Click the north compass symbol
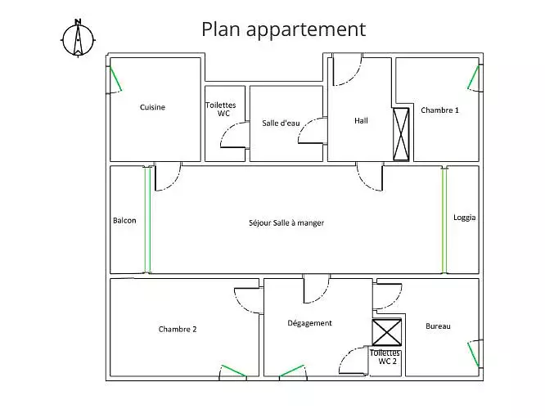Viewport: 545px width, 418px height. tap(78, 39)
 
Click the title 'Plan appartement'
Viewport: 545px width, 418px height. tap(284, 29)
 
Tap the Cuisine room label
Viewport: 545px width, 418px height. tap(152, 107)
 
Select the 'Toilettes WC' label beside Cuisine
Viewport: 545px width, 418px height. tap(221, 109)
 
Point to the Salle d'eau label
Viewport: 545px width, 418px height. tap(281, 123)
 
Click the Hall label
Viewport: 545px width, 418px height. tap(361, 120)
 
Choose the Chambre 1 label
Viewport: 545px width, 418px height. tap(439, 110)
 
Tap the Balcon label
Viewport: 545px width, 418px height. tap(124, 220)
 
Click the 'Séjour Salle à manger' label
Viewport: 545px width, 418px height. tap(286, 222)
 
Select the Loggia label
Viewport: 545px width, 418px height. tap(464, 218)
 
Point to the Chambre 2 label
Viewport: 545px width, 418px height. tap(178, 329)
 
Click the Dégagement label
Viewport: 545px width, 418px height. tap(309, 323)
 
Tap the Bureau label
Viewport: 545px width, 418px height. tap(438, 326)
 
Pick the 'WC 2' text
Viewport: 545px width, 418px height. tap(387, 362)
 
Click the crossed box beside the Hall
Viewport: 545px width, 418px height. tap(401, 134)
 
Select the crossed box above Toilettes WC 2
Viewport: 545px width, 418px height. tap(387, 333)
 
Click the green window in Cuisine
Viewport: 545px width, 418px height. tap(116, 79)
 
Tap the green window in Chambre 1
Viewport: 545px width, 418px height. tap(474, 77)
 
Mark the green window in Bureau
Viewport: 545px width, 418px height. tap(474, 355)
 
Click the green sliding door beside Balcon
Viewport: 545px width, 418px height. tap(148, 219)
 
